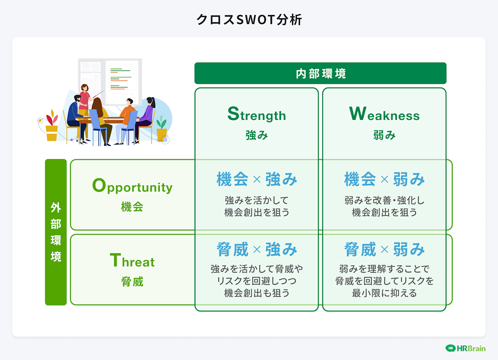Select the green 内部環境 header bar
(x=320, y=74)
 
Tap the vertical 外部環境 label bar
(x=56, y=232)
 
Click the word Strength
(x=257, y=115)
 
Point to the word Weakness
(x=384, y=115)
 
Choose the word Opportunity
(x=132, y=186)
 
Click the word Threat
(x=132, y=261)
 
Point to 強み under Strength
(x=257, y=136)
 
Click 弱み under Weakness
(x=384, y=136)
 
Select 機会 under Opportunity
(x=132, y=207)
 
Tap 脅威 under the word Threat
(x=132, y=282)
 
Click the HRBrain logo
(x=465, y=348)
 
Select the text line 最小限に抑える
(x=384, y=294)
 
